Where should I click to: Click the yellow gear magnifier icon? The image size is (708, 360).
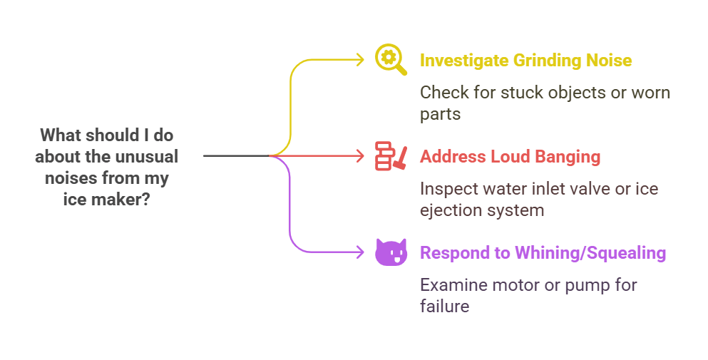(391, 60)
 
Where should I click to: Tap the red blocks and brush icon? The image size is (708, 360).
(391, 156)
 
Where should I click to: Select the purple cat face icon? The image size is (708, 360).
(391, 252)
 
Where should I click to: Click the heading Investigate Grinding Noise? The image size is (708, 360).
(525, 60)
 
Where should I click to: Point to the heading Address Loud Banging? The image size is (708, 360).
(510, 156)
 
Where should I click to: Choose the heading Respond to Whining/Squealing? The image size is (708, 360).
(543, 252)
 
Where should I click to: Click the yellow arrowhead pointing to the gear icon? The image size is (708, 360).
(361, 60)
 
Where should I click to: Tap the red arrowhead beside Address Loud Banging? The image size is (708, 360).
(361, 155)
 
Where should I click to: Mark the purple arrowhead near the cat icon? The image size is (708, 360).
(361, 251)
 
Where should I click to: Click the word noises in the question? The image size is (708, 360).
(71, 178)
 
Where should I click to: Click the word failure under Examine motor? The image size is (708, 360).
(444, 307)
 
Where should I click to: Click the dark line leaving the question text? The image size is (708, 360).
(235, 155)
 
